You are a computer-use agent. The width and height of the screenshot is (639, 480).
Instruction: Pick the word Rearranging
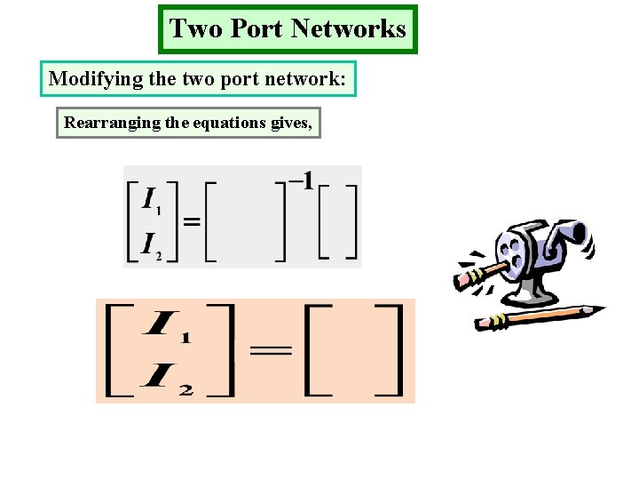tap(112, 123)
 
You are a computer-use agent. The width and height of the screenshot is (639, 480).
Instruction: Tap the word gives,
tap(290, 123)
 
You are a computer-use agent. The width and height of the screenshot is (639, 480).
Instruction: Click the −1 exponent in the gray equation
tap(301, 183)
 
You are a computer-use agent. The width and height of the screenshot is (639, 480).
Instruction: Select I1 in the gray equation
tap(153, 201)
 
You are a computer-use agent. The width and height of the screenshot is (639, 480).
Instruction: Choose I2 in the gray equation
tap(153, 245)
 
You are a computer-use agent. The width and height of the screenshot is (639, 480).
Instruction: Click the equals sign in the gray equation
tap(191, 222)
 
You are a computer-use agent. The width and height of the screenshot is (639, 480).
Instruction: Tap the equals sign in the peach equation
tap(271, 351)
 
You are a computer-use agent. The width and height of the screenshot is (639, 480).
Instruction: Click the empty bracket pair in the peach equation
tap(353, 351)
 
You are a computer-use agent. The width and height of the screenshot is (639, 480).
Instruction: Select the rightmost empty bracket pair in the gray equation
tap(338, 222)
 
